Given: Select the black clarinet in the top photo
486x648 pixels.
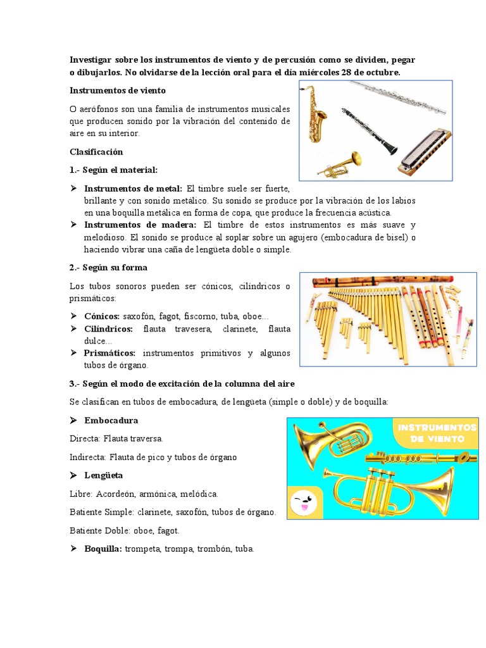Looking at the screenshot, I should pos(371,130).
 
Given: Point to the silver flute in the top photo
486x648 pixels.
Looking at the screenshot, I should pos(398,96).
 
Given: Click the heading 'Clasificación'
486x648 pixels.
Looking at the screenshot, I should pos(96,152).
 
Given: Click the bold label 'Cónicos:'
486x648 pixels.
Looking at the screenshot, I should pos(103,316).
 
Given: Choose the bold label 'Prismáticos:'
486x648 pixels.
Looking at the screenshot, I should pos(111,352).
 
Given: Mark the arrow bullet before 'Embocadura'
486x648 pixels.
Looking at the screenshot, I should pos(74,420).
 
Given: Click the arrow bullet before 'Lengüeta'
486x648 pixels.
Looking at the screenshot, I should pos(74,475).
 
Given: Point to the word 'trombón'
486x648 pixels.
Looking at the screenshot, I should pos(211,549).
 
